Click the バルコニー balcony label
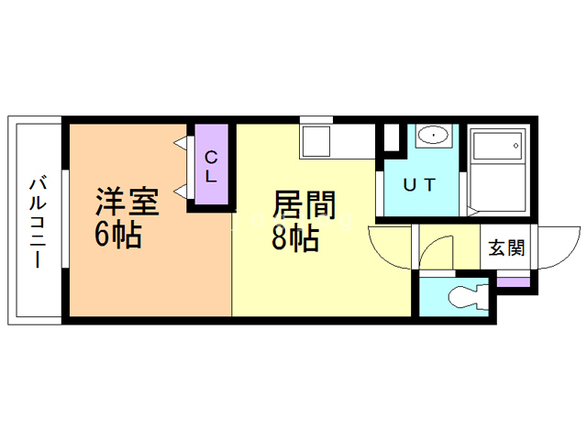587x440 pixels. point(37,220)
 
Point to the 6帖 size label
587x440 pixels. point(117,236)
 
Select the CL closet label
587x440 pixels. point(210,166)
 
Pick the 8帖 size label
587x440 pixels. point(294,238)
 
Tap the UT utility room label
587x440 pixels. point(421,183)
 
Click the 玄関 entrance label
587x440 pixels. point(506,248)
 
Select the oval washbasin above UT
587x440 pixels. point(430,137)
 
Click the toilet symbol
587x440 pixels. point(462,299)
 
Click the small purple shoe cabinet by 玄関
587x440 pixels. point(514,280)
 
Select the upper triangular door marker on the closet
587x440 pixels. point(181,143)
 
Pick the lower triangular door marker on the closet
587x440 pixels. point(181,191)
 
